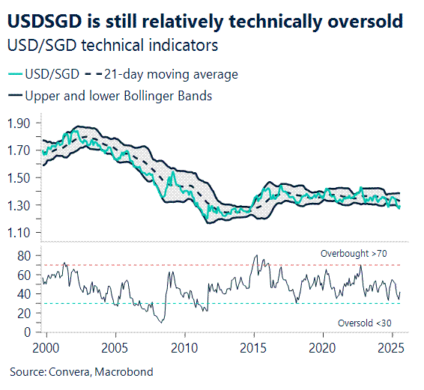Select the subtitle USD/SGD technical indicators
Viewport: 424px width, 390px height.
pos(112,46)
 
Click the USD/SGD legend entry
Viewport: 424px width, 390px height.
pos(43,74)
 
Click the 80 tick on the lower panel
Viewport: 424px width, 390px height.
pos(24,256)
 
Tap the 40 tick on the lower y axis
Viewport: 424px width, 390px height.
pos(24,294)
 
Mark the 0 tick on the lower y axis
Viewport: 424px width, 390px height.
pos(27,332)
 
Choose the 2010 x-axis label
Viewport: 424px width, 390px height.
pos(184,348)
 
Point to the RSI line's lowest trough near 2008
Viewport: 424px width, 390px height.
pos(160,321)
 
